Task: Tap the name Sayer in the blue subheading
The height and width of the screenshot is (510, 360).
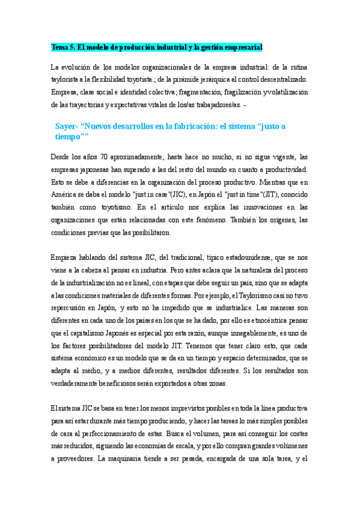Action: (x=66, y=127)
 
